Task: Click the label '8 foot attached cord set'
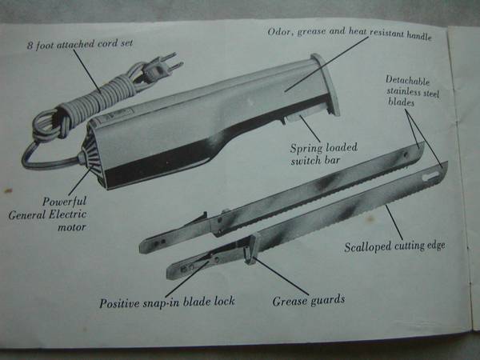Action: (x=80, y=44)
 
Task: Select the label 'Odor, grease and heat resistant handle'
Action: (x=350, y=33)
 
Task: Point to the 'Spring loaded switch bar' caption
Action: (x=323, y=154)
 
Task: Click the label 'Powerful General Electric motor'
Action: (x=48, y=214)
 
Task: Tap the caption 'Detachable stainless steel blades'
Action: (x=412, y=91)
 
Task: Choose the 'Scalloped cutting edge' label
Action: (x=394, y=246)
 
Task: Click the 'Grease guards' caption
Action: (x=309, y=301)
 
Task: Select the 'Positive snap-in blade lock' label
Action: (x=167, y=302)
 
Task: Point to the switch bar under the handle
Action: (x=294, y=118)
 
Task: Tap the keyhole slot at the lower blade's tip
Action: (x=430, y=176)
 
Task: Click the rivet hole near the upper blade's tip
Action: (x=406, y=154)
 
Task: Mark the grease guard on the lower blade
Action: (x=252, y=248)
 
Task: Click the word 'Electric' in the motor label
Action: (x=68, y=214)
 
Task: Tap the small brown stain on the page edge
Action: (x=8, y=190)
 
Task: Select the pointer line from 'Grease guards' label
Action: (x=281, y=277)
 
